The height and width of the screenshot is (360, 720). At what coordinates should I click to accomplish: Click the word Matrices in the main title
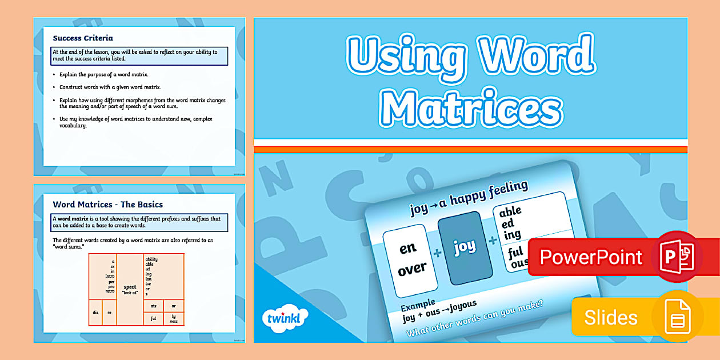pyautogui.click(x=470, y=107)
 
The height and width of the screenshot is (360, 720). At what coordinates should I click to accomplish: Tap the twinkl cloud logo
pyautogui.click(x=284, y=318)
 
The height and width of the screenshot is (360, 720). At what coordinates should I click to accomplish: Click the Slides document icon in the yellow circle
pyautogui.click(x=678, y=317)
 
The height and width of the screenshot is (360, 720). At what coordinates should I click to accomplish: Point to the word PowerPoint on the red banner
pyautogui.click(x=591, y=257)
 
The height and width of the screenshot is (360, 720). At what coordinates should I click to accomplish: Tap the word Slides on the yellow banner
pyautogui.click(x=610, y=317)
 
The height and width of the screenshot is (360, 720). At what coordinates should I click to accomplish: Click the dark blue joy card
pyautogui.click(x=464, y=249)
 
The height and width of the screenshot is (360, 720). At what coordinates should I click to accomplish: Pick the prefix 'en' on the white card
pyautogui.click(x=407, y=249)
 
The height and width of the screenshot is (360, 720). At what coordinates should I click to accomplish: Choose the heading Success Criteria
pyautogui.click(x=83, y=38)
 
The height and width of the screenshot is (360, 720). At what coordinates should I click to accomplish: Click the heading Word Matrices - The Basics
pyautogui.click(x=108, y=204)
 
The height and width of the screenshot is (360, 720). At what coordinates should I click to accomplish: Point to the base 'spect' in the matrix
pyautogui.click(x=130, y=287)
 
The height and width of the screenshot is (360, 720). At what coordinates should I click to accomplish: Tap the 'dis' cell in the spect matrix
pyautogui.click(x=95, y=312)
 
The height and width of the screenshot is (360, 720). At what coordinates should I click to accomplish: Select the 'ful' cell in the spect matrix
pyautogui.click(x=153, y=318)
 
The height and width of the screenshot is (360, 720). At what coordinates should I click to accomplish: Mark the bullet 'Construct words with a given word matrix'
pyautogui.click(x=110, y=87)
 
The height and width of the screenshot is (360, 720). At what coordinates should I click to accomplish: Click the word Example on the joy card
pyautogui.click(x=418, y=303)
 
